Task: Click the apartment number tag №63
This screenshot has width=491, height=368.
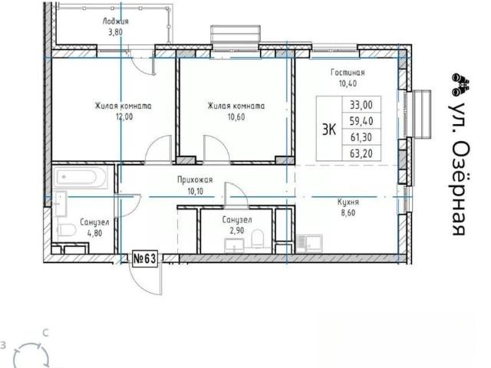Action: (x=145, y=259)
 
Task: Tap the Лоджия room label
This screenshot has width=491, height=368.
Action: (x=115, y=21)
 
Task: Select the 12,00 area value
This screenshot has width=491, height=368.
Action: (x=124, y=117)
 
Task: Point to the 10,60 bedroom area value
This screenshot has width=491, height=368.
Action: (x=236, y=117)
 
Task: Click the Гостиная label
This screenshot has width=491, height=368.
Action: (x=348, y=73)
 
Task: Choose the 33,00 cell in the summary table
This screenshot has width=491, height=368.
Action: (x=361, y=104)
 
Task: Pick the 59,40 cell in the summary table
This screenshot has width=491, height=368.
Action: (x=361, y=121)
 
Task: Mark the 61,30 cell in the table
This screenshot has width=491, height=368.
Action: (x=361, y=137)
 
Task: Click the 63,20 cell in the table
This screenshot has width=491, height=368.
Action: (x=361, y=153)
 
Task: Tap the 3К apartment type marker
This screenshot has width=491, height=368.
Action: (x=329, y=130)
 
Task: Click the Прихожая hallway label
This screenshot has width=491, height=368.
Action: (x=195, y=180)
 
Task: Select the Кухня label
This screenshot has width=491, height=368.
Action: (x=348, y=202)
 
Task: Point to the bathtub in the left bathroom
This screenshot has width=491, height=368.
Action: (x=80, y=177)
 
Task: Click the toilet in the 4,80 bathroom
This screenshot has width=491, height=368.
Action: (x=67, y=231)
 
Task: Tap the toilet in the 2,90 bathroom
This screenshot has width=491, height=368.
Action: (x=258, y=238)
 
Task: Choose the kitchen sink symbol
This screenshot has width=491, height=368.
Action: (x=308, y=243)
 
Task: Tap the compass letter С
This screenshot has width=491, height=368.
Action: (x=46, y=333)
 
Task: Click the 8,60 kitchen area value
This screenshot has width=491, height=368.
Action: (x=348, y=213)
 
